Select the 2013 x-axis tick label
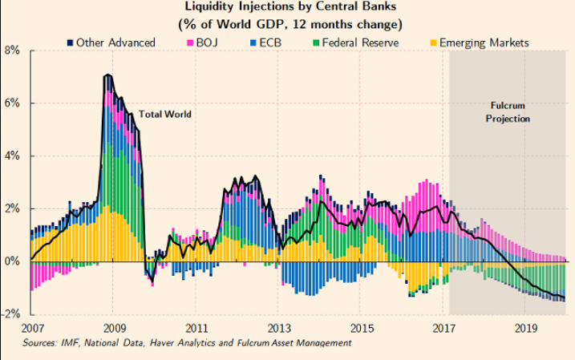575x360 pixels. tap(277, 328)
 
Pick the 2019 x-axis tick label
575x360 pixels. tap(524, 328)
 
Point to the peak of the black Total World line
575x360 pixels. tap(107, 75)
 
